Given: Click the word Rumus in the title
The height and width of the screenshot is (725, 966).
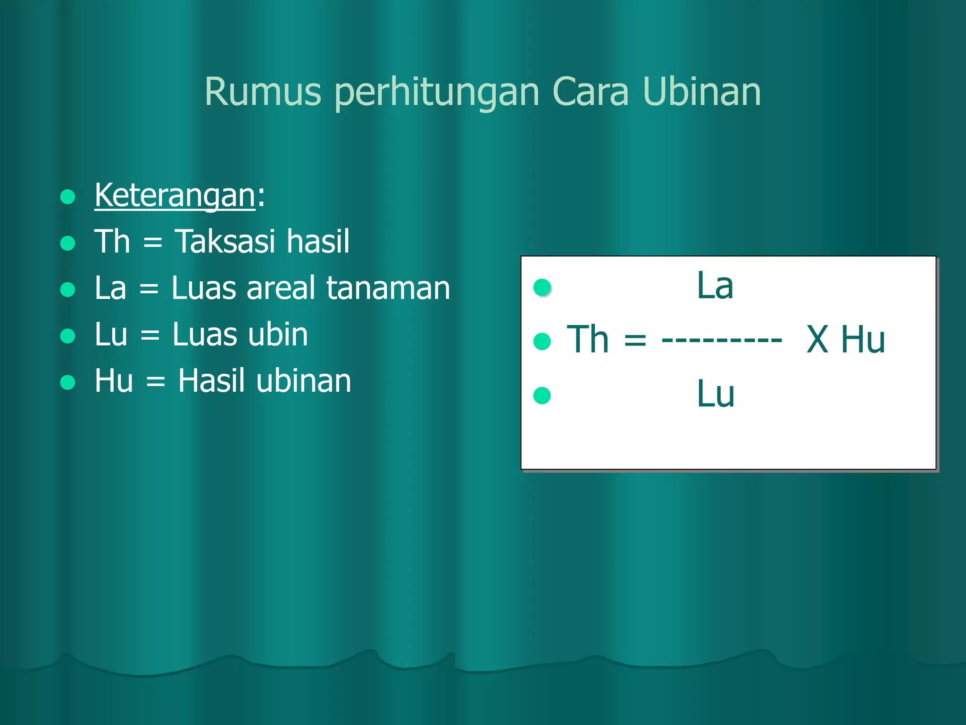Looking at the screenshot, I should [263, 92].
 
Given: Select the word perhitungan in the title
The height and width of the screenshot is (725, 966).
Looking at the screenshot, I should [437, 93].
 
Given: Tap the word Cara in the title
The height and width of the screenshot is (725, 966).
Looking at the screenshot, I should [591, 92].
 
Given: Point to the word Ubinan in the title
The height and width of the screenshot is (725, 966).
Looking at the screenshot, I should [701, 92].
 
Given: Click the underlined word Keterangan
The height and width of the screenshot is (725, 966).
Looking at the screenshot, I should [175, 195].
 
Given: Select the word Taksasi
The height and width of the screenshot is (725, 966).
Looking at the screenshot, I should [225, 242].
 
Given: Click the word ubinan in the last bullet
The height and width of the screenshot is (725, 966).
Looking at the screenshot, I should [304, 381].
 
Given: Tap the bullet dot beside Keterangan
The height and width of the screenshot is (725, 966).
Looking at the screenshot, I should [68, 196].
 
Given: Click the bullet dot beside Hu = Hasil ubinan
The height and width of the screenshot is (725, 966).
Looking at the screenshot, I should [68, 382].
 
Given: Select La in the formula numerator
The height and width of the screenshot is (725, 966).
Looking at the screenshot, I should [715, 286].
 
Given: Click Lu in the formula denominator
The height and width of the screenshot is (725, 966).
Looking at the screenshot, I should [716, 394].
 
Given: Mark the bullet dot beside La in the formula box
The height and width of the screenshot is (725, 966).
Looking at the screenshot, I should [542, 287].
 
